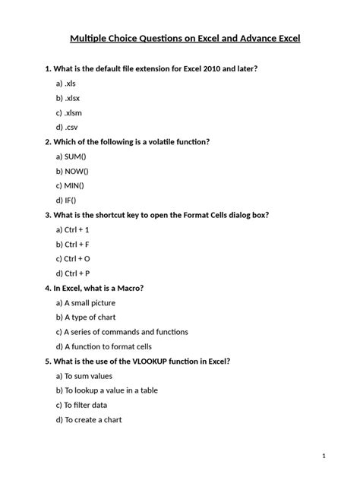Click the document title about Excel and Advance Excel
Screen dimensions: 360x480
click(x=180, y=37)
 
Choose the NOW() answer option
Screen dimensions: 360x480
click(x=73, y=171)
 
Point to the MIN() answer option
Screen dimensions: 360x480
click(x=71, y=185)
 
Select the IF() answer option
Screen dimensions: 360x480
click(x=67, y=200)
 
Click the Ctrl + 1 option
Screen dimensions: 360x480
click(x=73, y=229)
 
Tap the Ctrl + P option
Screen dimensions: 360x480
click(x=73, y=273)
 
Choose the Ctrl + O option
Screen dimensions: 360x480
click(x=74, y=258)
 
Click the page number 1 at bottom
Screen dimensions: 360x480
click(x=324, y=456)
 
